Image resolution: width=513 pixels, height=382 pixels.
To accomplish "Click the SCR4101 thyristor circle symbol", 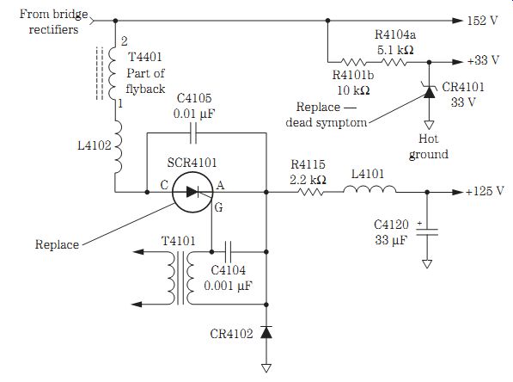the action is (x=192, y=192).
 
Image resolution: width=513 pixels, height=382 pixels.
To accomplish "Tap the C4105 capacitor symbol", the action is (x=193, y=133).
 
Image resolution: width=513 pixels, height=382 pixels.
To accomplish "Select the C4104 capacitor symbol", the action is (x=228, y=252).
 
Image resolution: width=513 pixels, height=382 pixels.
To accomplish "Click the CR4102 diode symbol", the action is (x=266, y=332).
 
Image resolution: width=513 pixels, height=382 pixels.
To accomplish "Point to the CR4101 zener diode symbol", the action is (x=430, y=91).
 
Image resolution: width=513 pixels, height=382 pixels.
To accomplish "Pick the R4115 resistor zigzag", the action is (x=310, y=192).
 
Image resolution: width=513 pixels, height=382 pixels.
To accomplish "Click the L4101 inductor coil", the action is (x=369, y=189).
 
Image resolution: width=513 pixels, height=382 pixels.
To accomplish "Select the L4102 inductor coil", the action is (x=118, y=147).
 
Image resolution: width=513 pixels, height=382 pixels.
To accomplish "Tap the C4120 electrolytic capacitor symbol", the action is (x=427, y=232).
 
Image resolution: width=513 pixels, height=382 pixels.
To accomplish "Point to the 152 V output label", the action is (x=482, y=21).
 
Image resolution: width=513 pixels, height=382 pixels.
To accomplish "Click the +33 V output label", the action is (x=483, y=60).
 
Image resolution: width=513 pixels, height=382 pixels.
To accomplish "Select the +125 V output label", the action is (x=485, y=191).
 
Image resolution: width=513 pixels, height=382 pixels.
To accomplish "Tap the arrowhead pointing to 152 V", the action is (x=457, y=21).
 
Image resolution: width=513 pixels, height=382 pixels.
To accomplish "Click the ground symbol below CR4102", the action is (x=266, y=368).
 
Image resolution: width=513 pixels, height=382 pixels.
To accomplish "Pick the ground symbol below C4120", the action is (x=427, y=264).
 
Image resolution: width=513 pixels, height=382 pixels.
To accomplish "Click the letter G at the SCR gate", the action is (x=218, y=207).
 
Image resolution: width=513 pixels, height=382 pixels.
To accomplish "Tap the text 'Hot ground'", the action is (x=429, y=146).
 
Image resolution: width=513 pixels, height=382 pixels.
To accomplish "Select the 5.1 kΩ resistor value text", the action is (x=395, y=50).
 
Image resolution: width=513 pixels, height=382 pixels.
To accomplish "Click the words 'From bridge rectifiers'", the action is (x=53, y=22).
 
